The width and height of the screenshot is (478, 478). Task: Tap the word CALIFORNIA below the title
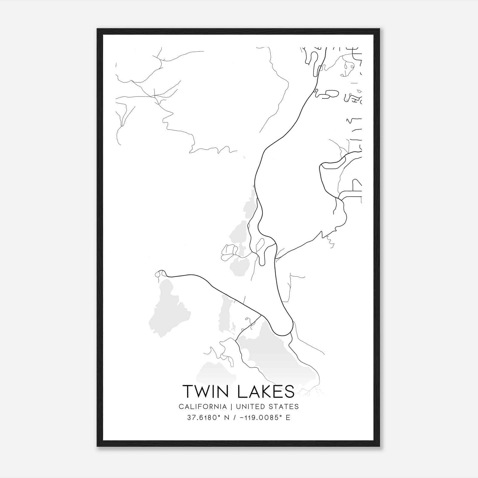click(203, 407)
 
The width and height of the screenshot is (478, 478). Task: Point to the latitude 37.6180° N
click(208, 418)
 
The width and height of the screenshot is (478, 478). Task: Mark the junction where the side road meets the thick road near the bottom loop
click(261, 315)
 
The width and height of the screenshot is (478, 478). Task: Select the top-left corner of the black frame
click(97, 29)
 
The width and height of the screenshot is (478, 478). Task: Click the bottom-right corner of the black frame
click(379, 446)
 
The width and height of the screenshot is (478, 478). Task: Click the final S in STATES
click(297, 407)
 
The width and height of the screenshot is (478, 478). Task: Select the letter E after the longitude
click(288, 418)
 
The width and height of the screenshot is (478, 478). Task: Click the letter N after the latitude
click(227, 418)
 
